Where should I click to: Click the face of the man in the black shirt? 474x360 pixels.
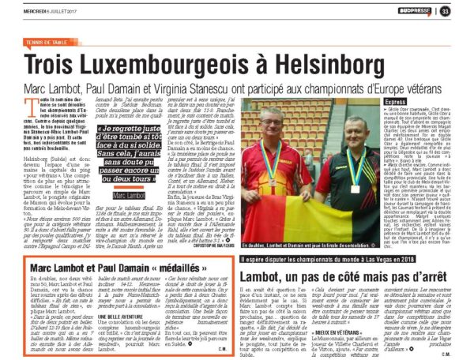[351, 129]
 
